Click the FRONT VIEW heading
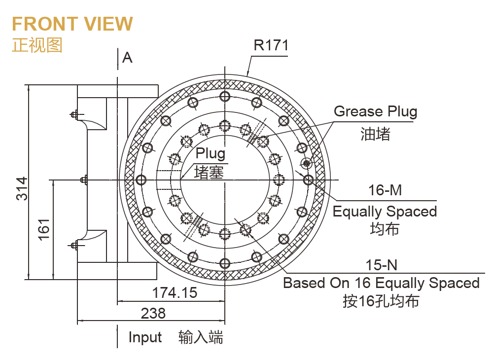(72, 24)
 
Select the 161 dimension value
(44, 229)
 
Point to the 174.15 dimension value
(174, 293)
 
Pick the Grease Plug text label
(375, 111)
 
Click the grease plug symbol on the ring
(307, 163)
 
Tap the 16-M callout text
(385, 190)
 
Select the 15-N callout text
(381, 265)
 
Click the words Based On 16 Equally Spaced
(381, 283)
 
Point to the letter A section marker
(127, 58)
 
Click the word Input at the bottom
(145, 337)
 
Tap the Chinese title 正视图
(37, 45)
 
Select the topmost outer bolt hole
(225, 96)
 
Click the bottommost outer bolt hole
(225, 262)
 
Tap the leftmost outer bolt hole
(141, 179)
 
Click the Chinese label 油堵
(375, 134)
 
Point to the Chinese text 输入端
(201, 337)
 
